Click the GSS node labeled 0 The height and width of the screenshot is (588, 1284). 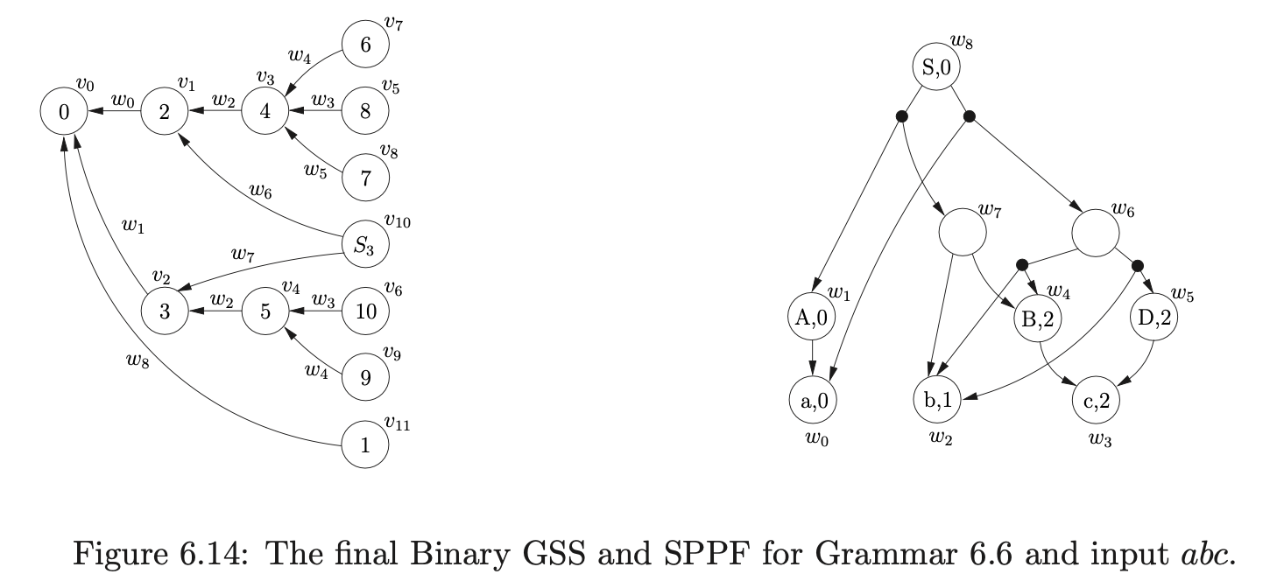[63, 112]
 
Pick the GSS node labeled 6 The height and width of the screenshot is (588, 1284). [365, 45]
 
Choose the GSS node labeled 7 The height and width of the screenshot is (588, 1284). [364, 178]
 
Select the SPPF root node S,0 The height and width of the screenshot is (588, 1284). [935, 66]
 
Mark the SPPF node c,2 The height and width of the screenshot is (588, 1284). [1096, 401]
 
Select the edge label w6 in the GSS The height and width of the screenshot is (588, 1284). [260, 191]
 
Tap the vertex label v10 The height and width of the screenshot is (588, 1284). [398, 222]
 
